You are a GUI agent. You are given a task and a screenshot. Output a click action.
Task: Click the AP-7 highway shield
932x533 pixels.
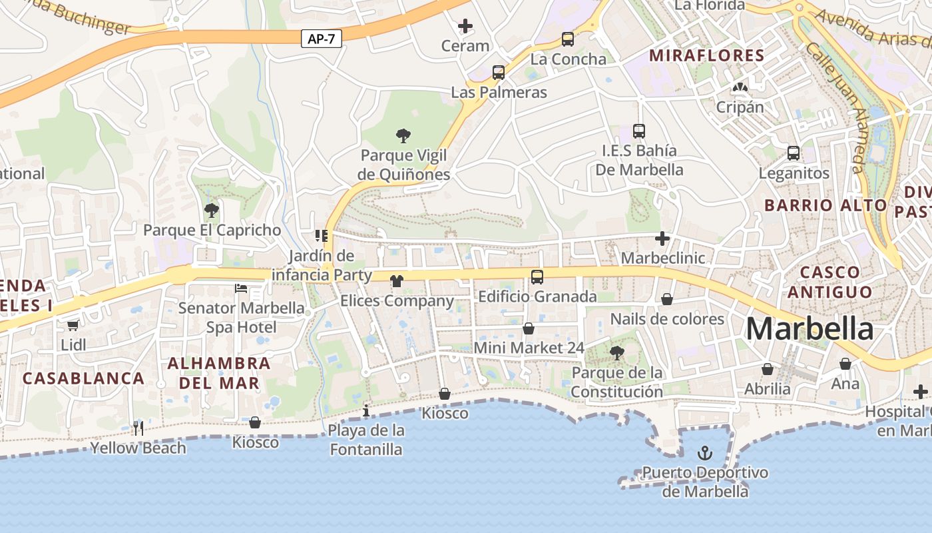(322, 39)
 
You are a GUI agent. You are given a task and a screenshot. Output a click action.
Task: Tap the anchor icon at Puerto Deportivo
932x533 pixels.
(704, 454)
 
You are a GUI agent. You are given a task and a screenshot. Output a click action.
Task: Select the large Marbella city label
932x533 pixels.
(809, 329)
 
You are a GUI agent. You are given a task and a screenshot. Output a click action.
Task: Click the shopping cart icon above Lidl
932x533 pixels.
(73, 325)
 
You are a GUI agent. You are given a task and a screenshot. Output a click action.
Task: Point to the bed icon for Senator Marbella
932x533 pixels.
(241, 288)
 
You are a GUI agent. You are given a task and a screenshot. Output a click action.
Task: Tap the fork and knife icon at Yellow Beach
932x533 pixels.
(138, 428)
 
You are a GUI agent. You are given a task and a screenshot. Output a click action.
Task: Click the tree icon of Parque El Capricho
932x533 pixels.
(212, 211)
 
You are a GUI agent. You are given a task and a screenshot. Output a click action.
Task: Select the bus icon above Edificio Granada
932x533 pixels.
(537, 276)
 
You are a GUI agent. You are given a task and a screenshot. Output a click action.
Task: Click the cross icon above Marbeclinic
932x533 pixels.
(662, 238)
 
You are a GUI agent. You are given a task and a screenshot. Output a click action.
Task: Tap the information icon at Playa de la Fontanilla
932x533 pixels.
(365, 411)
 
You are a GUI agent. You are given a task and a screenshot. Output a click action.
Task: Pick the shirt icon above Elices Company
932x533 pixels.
(397, 281)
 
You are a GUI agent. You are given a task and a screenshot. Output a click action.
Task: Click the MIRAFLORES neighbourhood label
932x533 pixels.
(706, 55)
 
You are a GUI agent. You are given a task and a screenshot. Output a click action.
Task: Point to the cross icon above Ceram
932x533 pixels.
(465, 27)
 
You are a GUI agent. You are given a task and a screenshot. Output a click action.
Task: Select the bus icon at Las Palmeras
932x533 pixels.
(499, 73)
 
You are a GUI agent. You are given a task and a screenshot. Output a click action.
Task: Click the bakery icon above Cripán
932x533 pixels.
(740, 87)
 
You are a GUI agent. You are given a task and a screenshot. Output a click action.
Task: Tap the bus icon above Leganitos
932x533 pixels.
(794, 153)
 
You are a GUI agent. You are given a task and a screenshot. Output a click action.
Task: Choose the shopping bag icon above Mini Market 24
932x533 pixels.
(529, 328)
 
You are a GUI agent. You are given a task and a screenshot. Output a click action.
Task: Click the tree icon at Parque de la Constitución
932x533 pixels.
(617, 353)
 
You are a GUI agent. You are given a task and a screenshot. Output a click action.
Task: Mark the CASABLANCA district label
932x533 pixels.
(83, 378)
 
